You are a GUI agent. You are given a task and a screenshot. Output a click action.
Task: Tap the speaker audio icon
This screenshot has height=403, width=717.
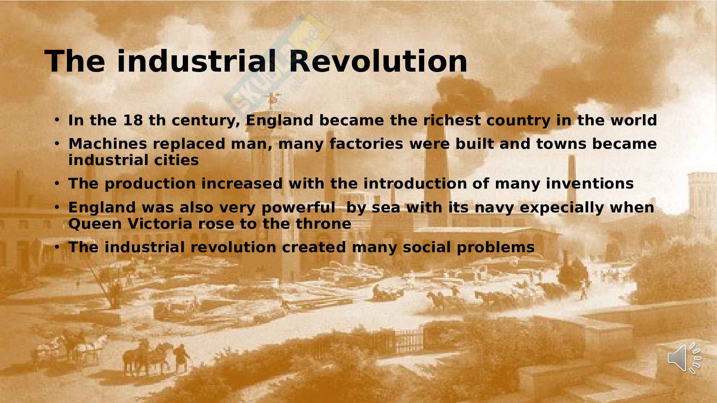[684, 358]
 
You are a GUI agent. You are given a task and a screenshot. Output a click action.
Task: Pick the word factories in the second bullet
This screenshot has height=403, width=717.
[366, 144]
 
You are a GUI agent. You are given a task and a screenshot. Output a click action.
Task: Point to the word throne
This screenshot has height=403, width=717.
[323, 224]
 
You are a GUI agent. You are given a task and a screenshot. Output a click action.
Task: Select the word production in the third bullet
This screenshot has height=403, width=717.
[150, 184]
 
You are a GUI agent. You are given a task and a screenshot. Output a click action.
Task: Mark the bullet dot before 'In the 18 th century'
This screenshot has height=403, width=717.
[57, 119]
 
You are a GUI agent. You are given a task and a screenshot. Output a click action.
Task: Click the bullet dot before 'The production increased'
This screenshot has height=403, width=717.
[57, 183]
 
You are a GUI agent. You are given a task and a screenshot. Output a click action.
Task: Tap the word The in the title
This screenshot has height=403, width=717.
[75, 61]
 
